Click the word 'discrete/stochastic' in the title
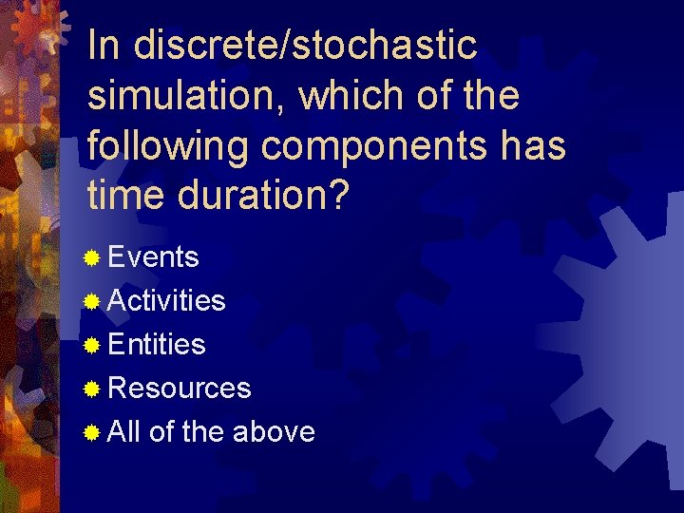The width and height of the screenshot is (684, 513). [306, 45]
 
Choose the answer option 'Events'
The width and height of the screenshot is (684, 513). [153, 257]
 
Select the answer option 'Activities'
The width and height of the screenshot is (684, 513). [166, 301]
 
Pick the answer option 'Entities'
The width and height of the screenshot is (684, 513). [157, 344]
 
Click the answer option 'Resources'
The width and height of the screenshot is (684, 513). [180, 389]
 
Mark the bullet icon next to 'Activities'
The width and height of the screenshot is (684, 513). [92, 302]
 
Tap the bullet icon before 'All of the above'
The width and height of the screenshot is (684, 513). [92, 433]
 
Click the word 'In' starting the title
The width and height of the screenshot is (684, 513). [104, 45]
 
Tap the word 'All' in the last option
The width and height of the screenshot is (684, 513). [123, 432]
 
